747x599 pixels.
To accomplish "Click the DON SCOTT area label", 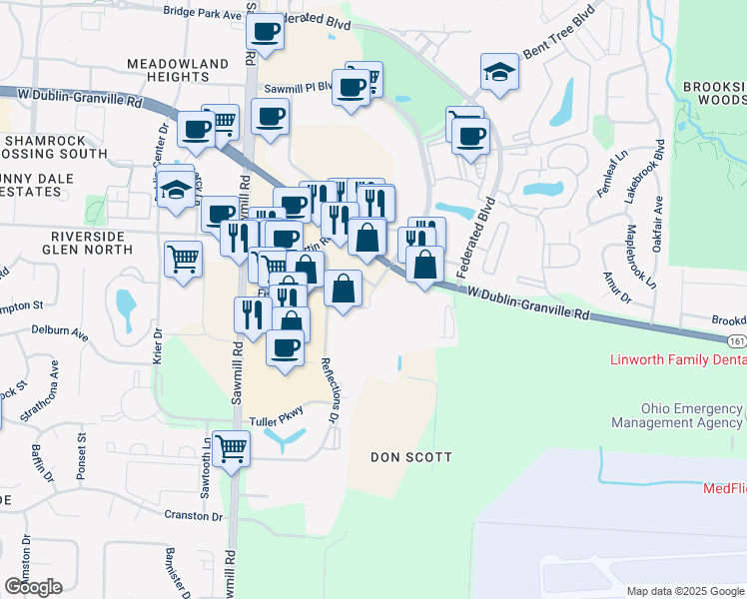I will [411, 457].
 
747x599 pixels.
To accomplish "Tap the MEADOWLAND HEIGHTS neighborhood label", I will [179, 71].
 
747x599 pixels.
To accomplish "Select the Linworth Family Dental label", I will [678, 359].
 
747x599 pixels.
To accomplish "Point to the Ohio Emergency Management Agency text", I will [692, 416].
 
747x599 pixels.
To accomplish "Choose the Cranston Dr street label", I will [196, 515].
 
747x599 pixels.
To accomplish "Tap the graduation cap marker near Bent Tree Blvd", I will [499, 73].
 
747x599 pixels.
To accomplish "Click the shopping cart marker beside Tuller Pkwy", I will [231, 449].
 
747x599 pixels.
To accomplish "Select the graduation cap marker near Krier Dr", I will [177, 191].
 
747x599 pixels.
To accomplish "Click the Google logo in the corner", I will [33, 587].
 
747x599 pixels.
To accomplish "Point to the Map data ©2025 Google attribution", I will [685, 591].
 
